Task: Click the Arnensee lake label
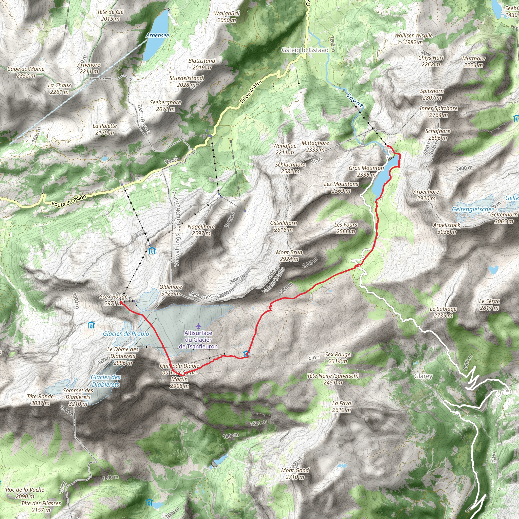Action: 157,35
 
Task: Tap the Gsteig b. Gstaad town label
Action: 305,50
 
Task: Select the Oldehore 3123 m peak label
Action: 171,290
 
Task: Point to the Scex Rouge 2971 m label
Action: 113,300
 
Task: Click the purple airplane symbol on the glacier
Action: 198,326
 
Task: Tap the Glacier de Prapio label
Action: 126,334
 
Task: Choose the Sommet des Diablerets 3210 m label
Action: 78,397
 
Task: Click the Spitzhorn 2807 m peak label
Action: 432,94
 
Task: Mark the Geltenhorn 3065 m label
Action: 504,218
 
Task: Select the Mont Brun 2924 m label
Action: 289,256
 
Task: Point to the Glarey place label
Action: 423,376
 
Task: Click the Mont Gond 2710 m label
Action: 295,474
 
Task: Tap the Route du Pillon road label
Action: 69,200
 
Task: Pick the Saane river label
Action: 355,100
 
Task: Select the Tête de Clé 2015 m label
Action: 110,15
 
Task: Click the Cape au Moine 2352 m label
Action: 26,72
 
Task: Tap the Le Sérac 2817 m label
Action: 489,304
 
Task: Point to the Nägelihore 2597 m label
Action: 201,230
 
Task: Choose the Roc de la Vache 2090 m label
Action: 25,493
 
